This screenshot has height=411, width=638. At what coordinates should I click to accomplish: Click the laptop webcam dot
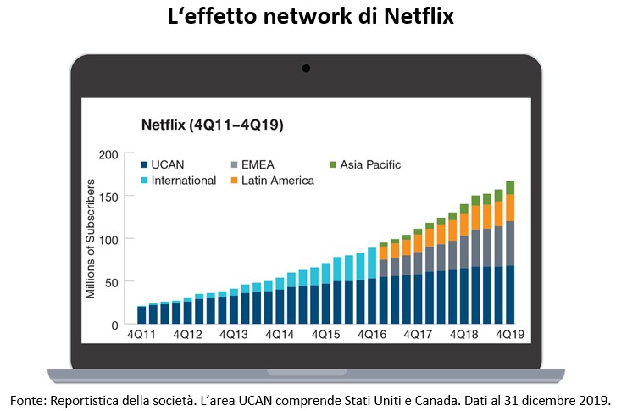click(306, 68)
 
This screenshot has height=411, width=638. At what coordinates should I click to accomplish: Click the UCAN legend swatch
click(146, 165)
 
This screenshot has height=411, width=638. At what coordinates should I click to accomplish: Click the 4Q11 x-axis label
click(141, 335)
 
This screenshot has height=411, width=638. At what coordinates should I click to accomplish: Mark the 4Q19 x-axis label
click(509, 335)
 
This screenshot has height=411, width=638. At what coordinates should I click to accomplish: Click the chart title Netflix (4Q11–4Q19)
click(211, 125)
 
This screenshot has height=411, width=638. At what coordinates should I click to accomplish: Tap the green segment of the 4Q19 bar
click(509, 187)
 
